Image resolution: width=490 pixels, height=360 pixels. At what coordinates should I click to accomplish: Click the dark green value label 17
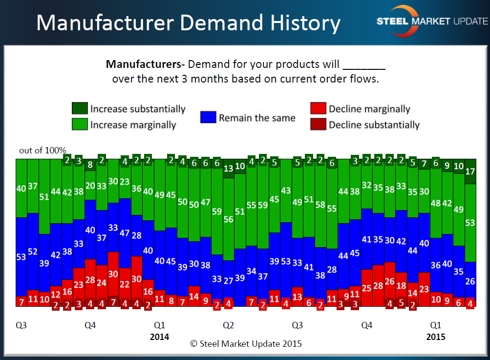470,171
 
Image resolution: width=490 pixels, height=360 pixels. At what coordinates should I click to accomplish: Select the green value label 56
228,219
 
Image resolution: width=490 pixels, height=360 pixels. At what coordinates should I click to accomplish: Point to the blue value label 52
33,252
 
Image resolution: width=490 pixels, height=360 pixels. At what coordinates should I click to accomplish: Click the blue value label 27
228,280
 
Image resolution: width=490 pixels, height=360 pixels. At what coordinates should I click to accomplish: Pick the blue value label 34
251,271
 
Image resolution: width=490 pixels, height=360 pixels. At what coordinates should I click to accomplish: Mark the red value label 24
102,282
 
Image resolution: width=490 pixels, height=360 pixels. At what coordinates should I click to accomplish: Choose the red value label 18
401,286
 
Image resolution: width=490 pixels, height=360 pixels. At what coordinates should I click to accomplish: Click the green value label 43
286,191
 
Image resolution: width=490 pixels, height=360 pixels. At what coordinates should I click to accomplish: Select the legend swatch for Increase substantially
79,108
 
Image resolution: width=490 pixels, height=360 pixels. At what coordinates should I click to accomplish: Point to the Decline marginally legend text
369,109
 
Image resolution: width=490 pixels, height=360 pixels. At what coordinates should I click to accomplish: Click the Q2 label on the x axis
228,325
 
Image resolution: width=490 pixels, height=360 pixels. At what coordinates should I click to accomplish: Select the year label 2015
436,337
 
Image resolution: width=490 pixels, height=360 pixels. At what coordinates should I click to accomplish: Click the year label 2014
159,337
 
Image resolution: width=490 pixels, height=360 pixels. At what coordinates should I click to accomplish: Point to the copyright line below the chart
246,343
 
